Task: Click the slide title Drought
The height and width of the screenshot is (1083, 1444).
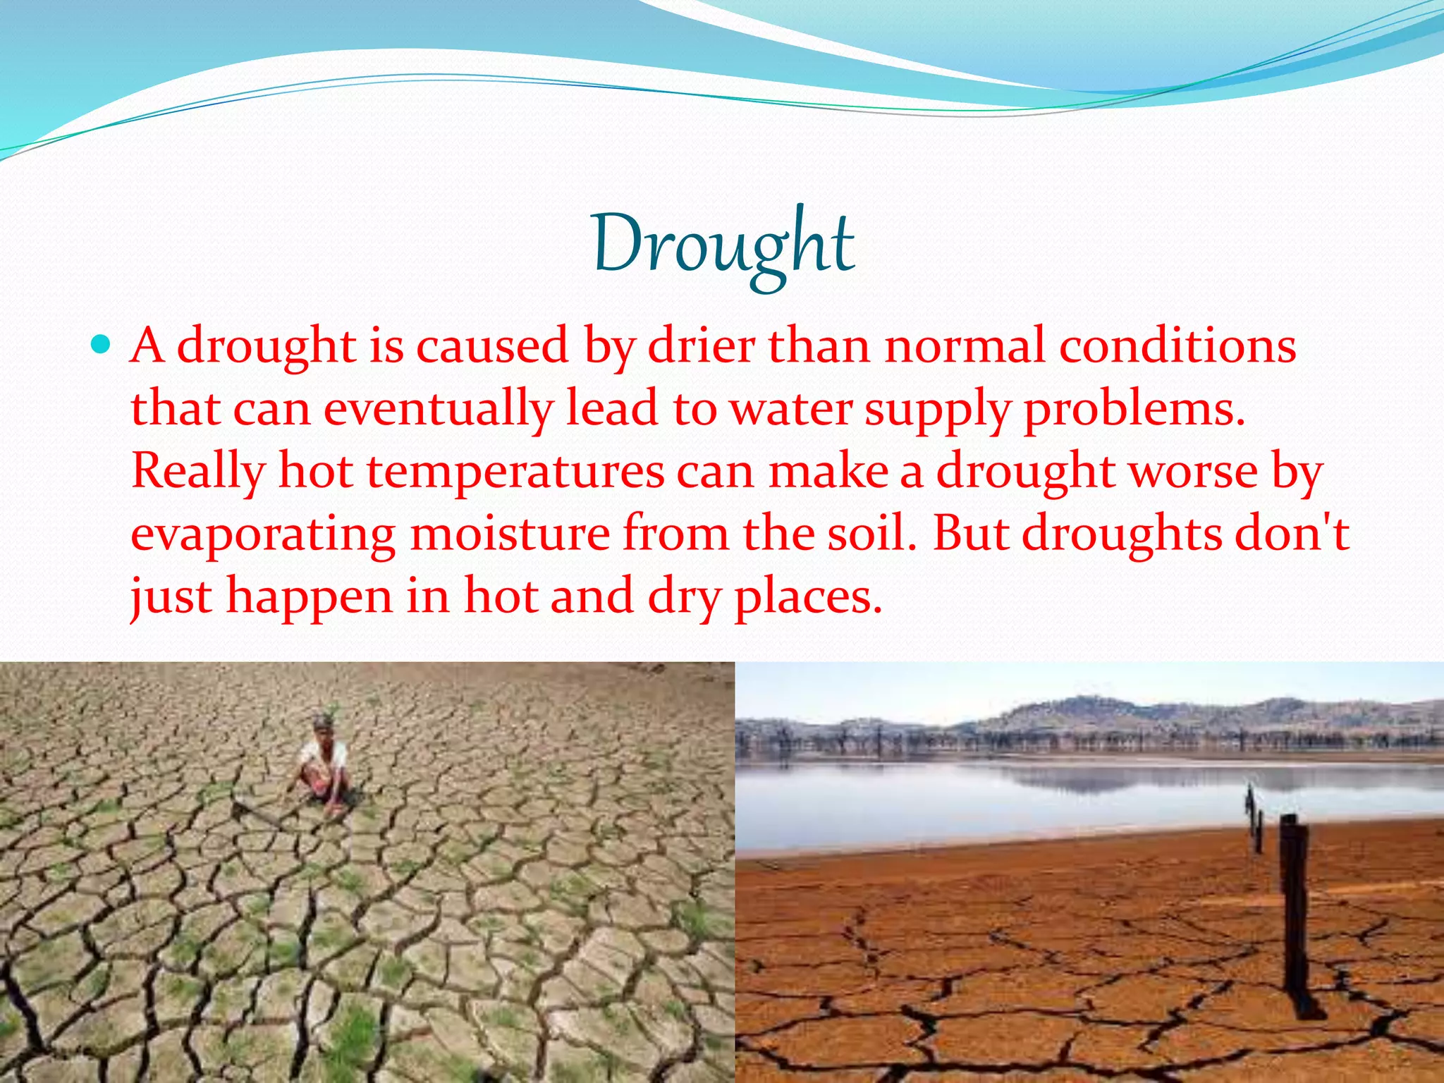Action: [723, 244]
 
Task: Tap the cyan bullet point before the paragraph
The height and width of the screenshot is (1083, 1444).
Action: [102, 345]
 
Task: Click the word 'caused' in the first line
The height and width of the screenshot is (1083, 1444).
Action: [492, 346]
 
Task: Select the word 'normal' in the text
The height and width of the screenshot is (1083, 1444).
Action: [965, 346]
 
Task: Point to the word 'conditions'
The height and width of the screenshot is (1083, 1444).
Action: [1178, 346]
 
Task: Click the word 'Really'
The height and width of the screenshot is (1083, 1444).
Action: [198, 472]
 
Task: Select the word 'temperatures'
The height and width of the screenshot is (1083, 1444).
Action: [515, 472]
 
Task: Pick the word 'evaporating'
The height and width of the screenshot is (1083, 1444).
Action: [263, 534]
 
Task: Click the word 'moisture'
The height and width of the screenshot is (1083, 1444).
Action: [510, 534]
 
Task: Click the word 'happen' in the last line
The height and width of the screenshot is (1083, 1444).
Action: [309, 596]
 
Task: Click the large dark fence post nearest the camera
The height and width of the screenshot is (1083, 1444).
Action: [1295, 917]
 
